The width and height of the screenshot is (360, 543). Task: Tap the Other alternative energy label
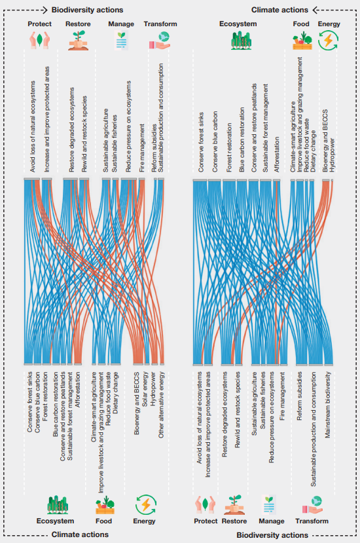161,405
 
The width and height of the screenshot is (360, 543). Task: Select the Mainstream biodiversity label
328,405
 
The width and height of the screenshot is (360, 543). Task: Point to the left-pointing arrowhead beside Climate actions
315,10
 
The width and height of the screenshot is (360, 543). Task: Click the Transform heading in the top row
160,24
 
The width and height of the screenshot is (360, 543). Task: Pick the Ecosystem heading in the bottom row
55,521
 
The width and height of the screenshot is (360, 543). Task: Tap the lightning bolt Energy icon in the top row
328,40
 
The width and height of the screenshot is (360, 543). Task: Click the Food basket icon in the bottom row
105,505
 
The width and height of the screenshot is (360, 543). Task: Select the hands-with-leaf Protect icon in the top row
40,40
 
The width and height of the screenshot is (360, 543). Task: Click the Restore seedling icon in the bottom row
234,505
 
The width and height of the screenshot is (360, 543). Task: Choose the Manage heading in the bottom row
272,521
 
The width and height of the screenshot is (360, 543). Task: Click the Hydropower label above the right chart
333,155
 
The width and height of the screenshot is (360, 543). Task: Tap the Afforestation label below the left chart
77,390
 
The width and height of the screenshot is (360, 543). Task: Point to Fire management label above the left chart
142,148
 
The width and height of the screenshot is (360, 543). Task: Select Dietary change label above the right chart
313,151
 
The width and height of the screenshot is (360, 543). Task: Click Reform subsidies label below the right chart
299,396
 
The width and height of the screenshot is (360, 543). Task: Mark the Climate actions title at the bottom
80,534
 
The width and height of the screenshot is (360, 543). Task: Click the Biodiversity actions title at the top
87,10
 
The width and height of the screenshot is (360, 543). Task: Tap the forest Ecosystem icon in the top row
242,41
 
